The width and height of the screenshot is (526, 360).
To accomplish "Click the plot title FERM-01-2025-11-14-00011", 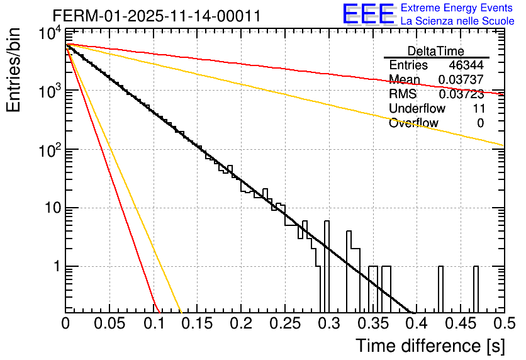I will pyautogui.click(x=156, y=16).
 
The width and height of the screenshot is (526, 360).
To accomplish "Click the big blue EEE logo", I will pyautogui.click(x=368, y=14).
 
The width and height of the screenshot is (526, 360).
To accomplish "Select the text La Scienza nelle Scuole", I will pyautogui.click(x=457, y=21).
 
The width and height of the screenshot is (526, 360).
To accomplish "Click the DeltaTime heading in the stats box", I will pyautogui.click(x=436, y=51).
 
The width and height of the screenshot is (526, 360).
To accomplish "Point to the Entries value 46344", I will pyautogui.click(x=466, y=65).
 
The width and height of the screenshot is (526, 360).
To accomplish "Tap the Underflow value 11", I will pyautogui.click(x=478, y=109).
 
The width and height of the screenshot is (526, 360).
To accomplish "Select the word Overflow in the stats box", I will pyautogui.click(x=413, y=123).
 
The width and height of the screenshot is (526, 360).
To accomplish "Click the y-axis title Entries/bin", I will pyautogui.click(x=14, y=70).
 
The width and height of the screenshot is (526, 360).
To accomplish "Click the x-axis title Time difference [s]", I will pyautogui.click(x=429, y=346).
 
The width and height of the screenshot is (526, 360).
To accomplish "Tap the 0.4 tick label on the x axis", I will pyautogui.click(x=416, y=324).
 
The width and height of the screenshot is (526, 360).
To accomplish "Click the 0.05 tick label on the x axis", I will pyautogui.click(x=109, y=324).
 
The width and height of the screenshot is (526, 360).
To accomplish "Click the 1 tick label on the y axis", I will pyautogui.click(x=55, y=266).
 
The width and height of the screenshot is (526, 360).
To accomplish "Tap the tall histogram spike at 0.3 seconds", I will pyautogui.click(x=326, y=264).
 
